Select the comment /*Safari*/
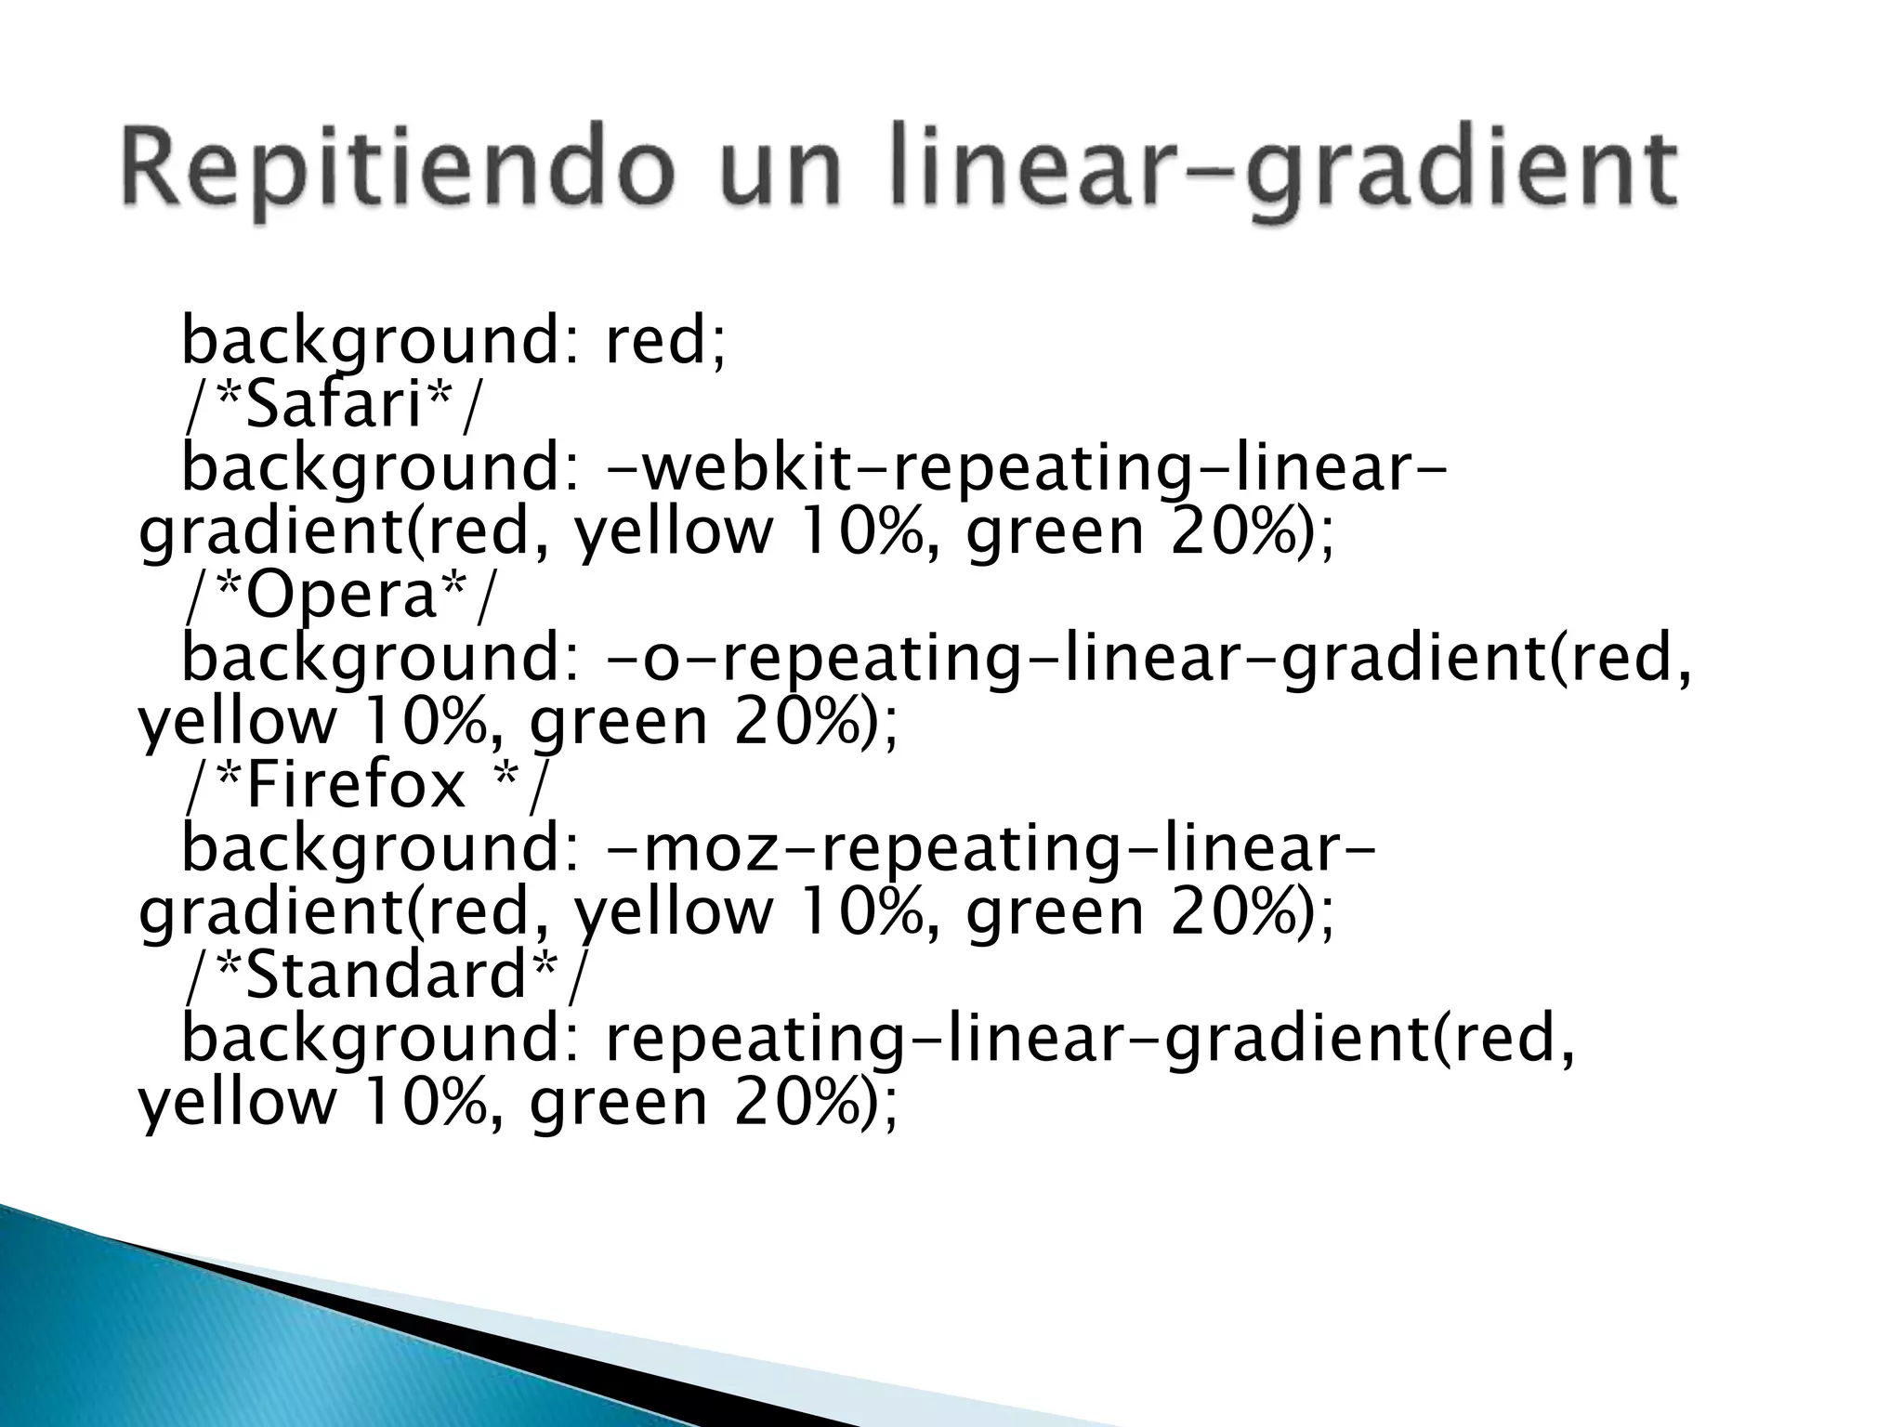click(x=335, y=405)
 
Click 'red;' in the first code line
click(x=665, y=341)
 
